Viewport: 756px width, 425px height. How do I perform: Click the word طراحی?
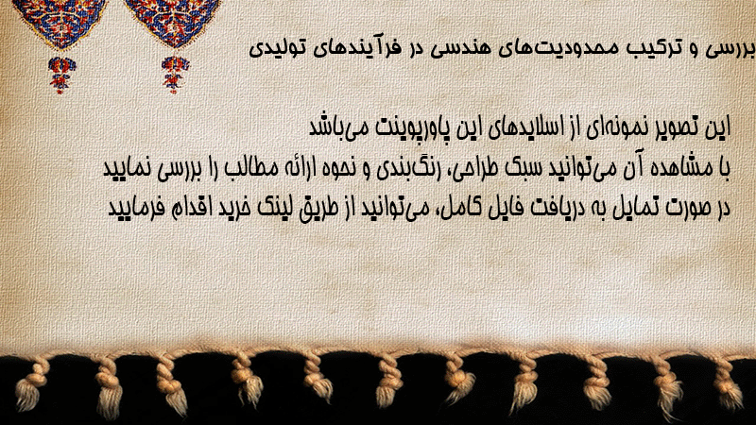[x=468, y=169]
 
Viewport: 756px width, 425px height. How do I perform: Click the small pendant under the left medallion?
[x=61, y=75]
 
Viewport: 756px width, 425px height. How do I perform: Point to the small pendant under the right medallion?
[x=175, y=75]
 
